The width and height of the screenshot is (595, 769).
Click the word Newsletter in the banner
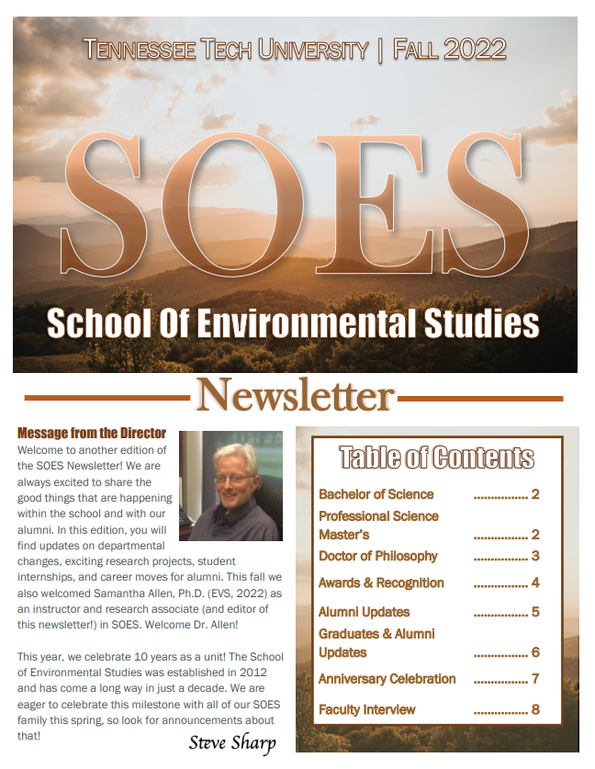pos(295,396)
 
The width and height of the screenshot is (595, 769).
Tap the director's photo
pos(230,486)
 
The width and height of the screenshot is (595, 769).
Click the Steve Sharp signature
pos(232,741)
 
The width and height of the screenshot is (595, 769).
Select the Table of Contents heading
pos(437,458)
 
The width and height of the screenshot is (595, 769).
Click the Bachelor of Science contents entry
pos(376,494)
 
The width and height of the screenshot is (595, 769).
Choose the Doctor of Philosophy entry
pos(377,556)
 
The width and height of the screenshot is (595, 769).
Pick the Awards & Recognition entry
pos(381,582)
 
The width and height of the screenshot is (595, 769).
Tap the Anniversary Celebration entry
pos(387,679)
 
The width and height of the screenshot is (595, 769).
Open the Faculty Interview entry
pos(366,709)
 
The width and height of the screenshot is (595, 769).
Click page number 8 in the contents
pos(535,709)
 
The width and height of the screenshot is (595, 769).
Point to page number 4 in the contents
pos(535,582)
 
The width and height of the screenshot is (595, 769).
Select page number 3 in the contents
pos(535,556)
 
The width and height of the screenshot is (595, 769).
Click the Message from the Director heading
pos(92,433)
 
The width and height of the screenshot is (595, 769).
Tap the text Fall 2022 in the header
pos(449,50)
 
